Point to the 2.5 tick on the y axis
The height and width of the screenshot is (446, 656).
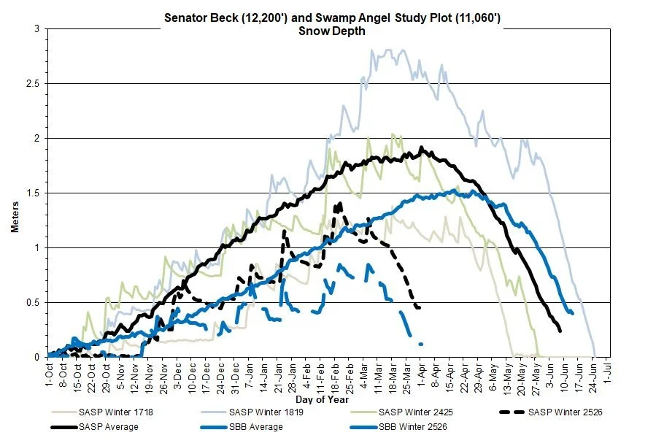click(35, 84)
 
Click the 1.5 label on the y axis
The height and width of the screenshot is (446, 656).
click(35, 193)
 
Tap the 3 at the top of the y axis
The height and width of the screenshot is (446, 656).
click(38, 29)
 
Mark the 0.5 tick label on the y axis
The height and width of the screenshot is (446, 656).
click(35, 303)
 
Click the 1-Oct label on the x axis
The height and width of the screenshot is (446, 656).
click(49, 373)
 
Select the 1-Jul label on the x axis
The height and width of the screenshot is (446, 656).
click(608, 373)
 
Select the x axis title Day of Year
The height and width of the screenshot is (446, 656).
click(322, 399)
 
